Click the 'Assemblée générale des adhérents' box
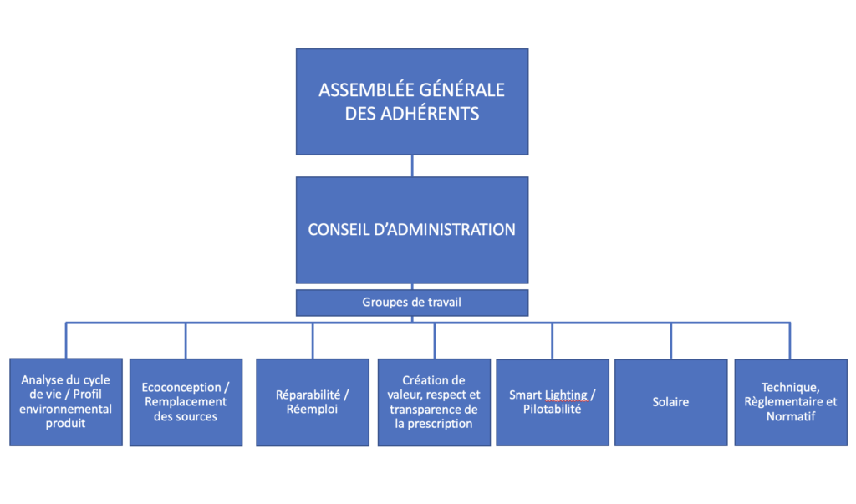click(412, 102)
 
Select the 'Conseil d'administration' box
click(412, 230)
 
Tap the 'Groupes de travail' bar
click(412, 303)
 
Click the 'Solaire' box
click(671, 402)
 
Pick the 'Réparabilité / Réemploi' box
click(313, 402)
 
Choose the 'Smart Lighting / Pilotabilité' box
click(553, 402)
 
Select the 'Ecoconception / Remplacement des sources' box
click(186, 402)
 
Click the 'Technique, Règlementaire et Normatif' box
click(791, 402)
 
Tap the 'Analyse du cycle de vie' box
click(66, 402)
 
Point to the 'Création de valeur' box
click(434, 402)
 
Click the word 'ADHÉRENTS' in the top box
click(430, 114)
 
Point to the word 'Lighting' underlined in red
click(566, 395)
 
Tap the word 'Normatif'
click(791, 416)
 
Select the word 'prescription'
click(440, 425)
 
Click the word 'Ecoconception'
click(181, 388)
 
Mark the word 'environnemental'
click(65, 409)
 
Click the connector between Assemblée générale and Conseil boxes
click(412, 166)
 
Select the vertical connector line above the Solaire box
click(671, 341)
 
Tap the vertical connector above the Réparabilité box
click(313, 341)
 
